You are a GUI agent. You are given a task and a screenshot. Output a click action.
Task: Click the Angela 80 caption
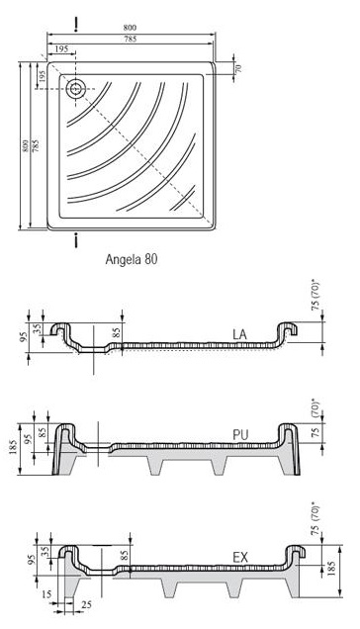tap(132, 259)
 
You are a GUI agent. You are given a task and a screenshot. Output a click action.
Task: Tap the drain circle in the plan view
tap(75, 89)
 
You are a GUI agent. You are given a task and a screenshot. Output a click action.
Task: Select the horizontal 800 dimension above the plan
tap(130, 28)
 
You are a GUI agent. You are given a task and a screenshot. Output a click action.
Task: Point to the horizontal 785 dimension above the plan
tap(130, 39)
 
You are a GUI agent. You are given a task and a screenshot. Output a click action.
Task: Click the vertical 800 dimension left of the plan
tap(25, 145)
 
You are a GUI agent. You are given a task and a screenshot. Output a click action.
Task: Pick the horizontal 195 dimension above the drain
tap(60, 48)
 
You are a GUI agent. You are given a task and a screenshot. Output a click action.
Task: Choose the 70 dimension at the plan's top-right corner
tap(238, 68)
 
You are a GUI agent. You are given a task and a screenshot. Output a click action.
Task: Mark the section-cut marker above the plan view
tap(75, 25)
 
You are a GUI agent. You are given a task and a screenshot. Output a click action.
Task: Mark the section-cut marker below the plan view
tap(75, 241)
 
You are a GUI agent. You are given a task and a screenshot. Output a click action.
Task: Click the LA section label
tap(239, 334)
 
